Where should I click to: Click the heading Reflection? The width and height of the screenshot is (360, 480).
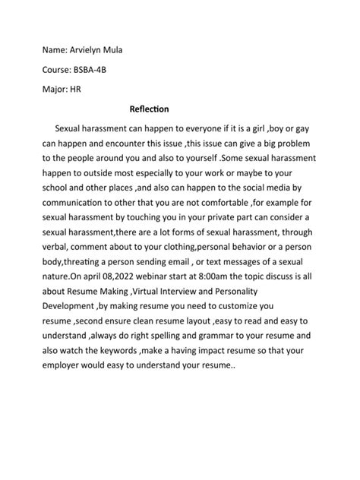coord(150,109)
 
